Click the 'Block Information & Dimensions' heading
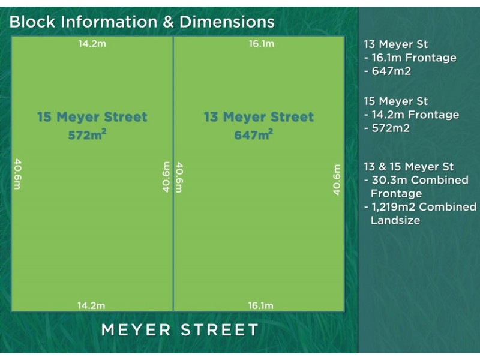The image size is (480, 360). [x=142, y=22]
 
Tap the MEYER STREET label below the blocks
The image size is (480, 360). [x=180, y=330]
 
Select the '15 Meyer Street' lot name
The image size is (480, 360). [x=92, y=117]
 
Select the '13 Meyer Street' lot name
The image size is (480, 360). [x=259, y=117]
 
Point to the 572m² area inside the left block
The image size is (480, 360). [x=88, y=135]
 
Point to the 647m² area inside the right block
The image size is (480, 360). [x=254, y=135]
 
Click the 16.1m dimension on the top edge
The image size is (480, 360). [x=261, y=43]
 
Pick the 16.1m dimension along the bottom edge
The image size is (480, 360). [x=261, y=305]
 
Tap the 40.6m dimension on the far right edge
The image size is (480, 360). [x=337, y=179]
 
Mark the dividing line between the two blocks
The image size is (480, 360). [x=173, y=240]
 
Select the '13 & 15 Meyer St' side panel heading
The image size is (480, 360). [x=409, y=167]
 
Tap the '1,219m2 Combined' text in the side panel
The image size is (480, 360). [x=423, y=207]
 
